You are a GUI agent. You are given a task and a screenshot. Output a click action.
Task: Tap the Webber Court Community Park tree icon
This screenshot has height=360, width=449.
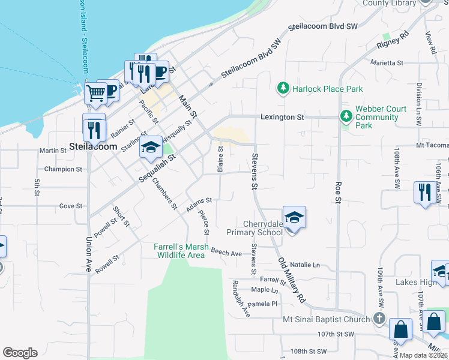346,116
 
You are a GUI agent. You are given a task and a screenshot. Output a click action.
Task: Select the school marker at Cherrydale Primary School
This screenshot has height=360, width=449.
294,218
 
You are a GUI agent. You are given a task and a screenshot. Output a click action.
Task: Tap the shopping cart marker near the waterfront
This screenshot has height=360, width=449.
95,94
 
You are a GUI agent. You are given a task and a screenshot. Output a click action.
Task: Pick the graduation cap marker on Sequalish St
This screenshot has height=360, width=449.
151,148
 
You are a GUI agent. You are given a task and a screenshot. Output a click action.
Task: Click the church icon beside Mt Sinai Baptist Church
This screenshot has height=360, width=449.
379,319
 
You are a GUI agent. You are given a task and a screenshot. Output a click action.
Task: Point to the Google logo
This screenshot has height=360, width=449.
20,353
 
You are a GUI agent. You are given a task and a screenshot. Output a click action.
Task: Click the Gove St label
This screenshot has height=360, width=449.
70,206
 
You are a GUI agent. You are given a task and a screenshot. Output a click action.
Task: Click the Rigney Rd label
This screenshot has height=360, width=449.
393,40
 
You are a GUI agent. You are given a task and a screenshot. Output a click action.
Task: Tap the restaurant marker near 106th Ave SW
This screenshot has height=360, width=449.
424,193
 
